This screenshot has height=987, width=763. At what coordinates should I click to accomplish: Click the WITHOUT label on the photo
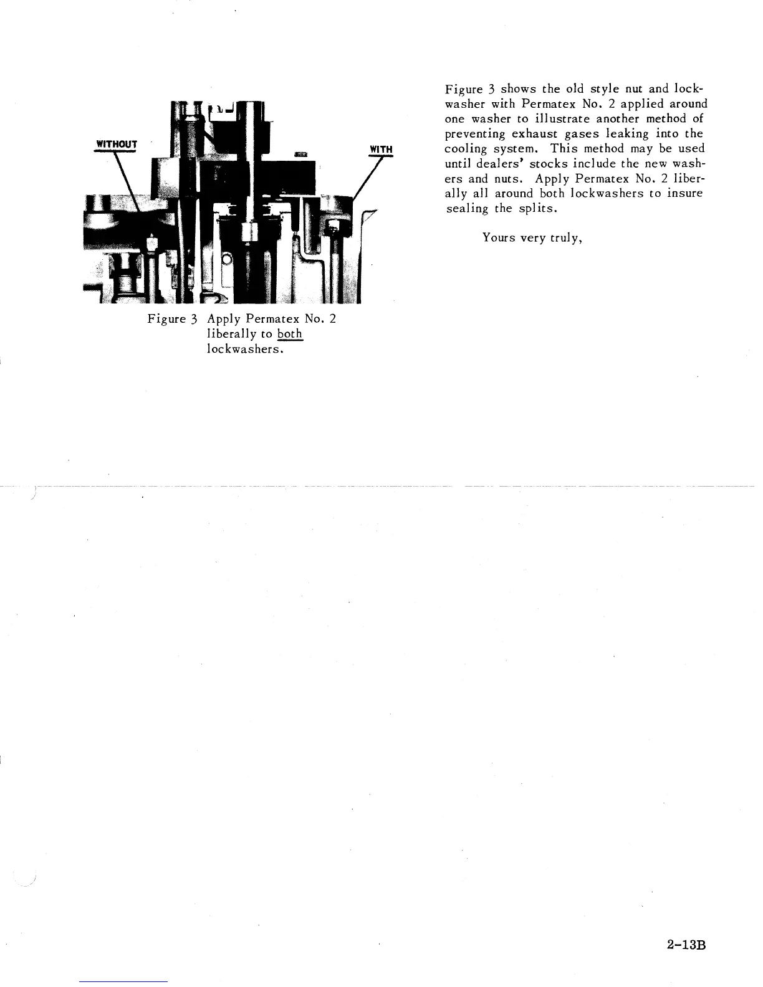tap(115, 145)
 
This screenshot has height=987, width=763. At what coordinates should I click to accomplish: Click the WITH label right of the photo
tap(381, 150)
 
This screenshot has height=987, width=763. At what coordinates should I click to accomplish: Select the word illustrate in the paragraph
tap(559, 118)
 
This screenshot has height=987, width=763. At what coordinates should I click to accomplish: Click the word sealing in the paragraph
tap(468, 208)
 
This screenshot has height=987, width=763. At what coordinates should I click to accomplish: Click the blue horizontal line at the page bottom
tap(123, 981)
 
